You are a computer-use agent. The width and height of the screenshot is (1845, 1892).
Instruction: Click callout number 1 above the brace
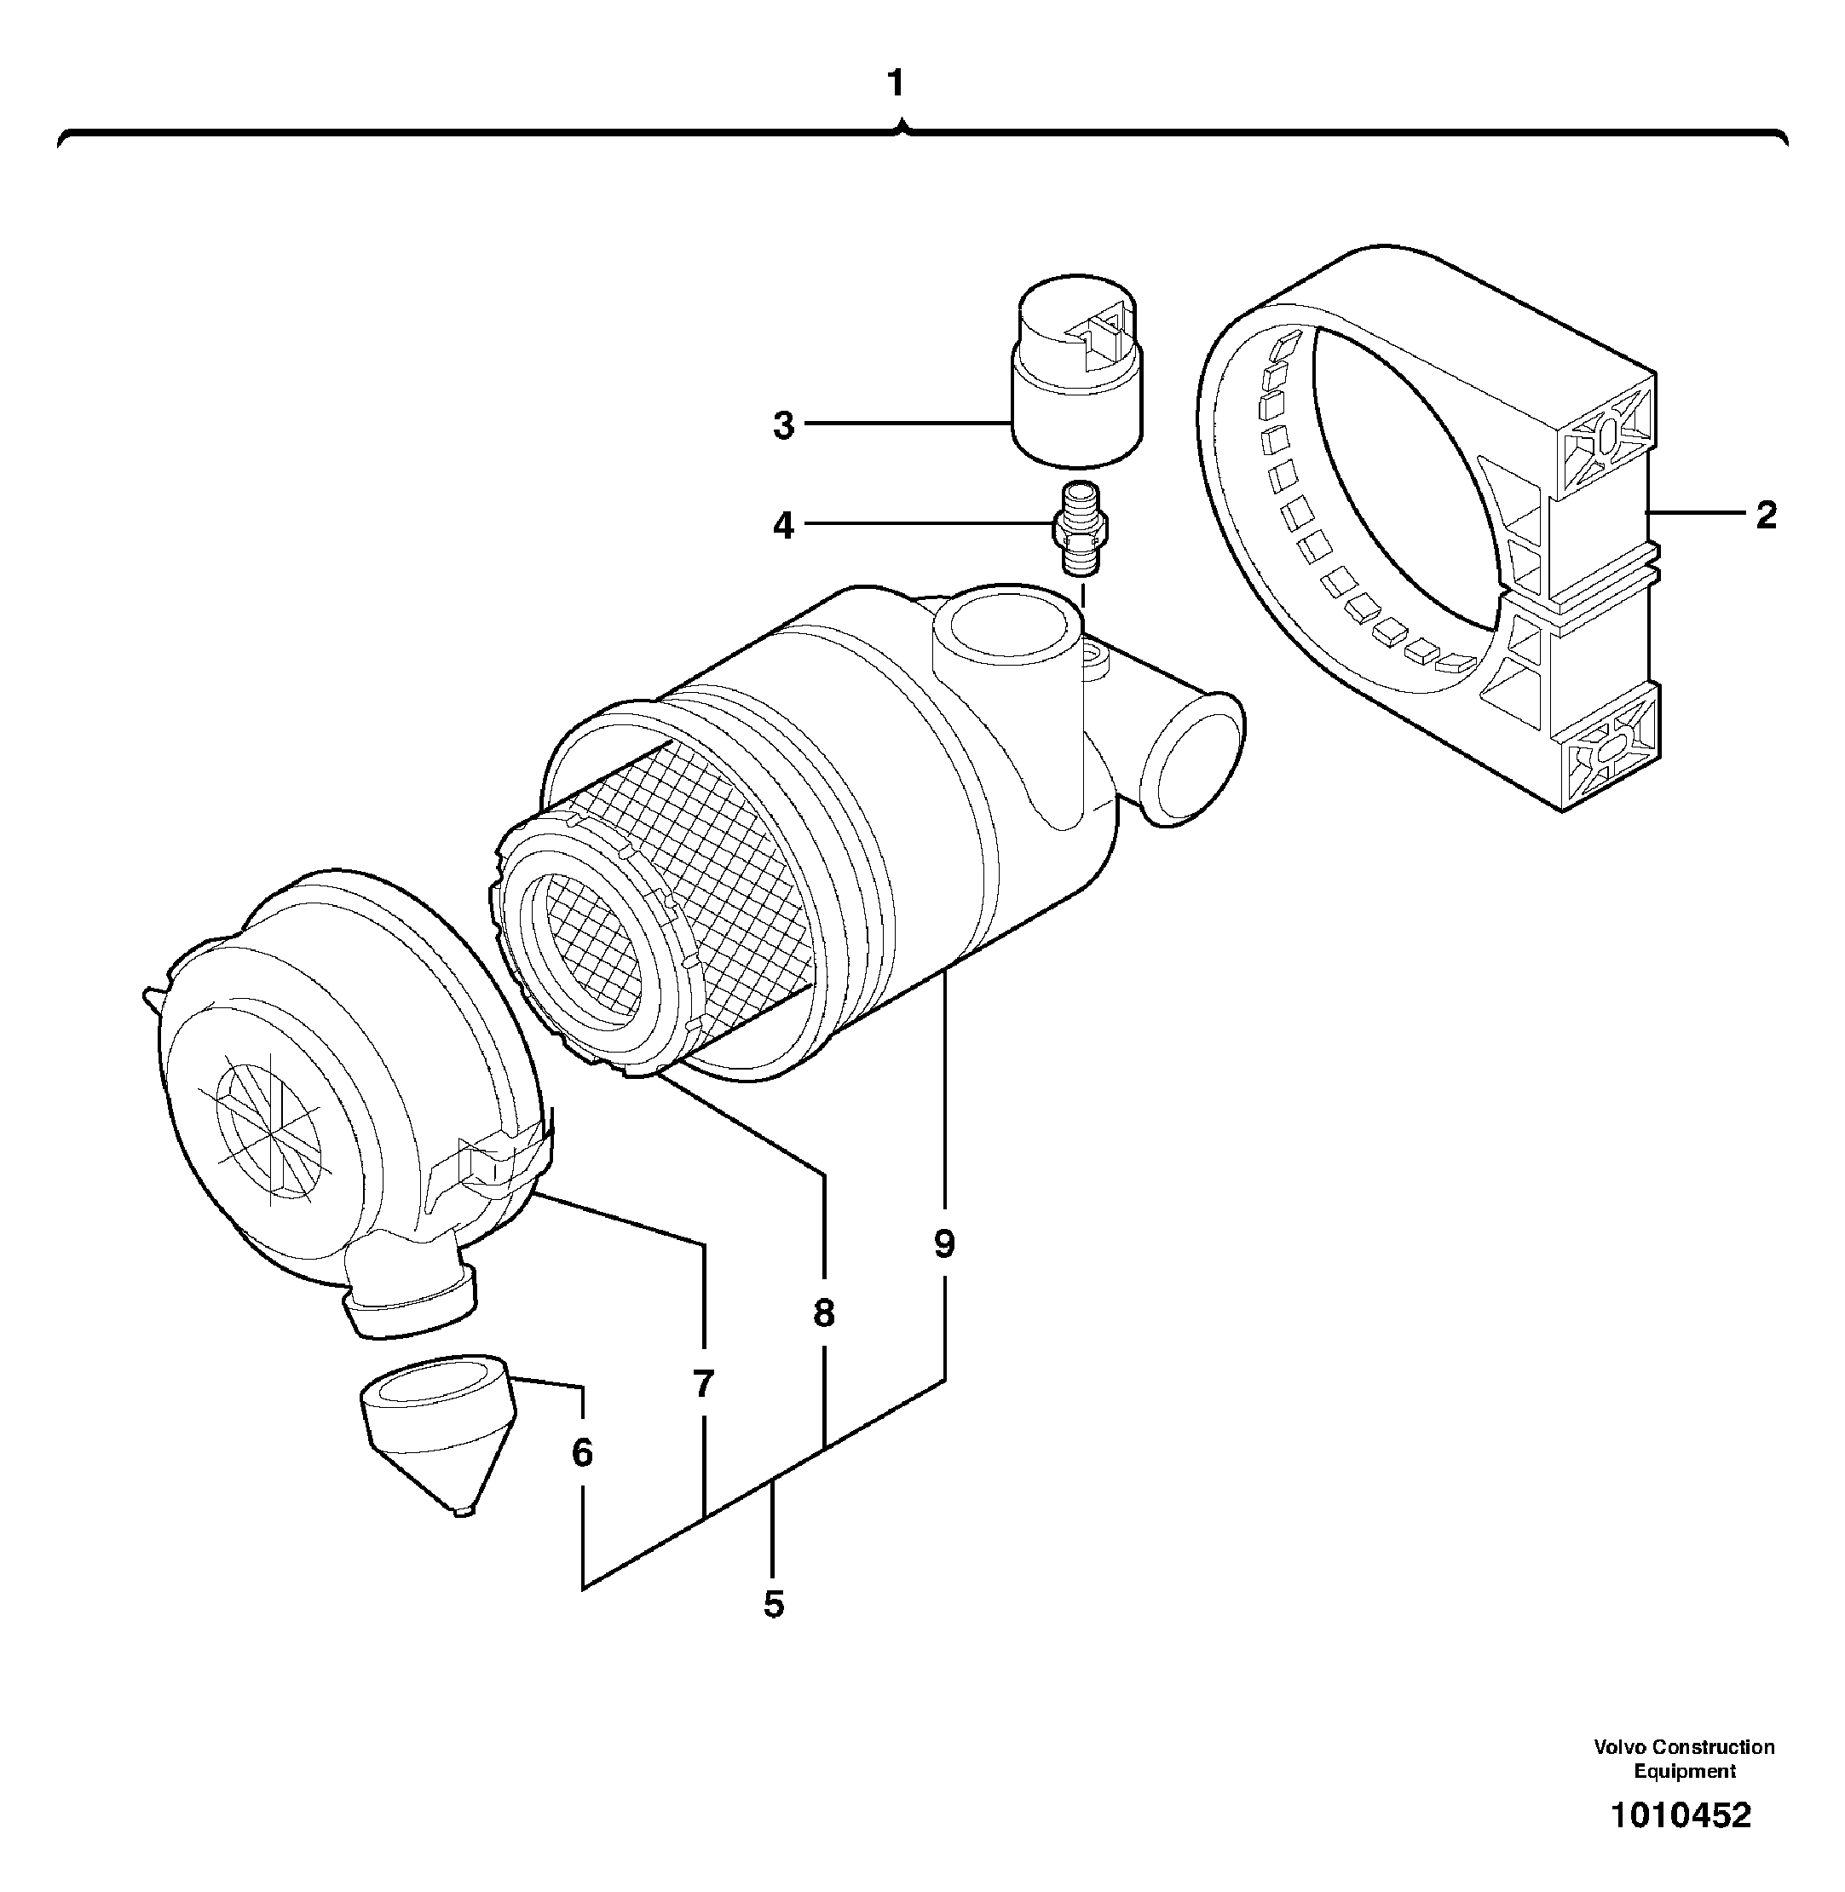897,84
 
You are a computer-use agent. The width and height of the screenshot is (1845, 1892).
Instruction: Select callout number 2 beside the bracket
1767,515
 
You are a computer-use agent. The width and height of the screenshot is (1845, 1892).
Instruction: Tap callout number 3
783,424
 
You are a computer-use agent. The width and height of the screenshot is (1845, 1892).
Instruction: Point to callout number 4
783,527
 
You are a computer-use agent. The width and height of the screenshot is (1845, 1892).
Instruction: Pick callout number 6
582,1452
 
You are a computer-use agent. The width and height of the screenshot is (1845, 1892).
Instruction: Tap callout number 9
945,1243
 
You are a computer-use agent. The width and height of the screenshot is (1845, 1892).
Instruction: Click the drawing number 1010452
1681,1814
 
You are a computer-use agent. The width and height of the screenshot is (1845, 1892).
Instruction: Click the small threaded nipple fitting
1081,529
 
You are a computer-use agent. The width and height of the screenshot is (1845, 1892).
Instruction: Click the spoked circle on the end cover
269,1124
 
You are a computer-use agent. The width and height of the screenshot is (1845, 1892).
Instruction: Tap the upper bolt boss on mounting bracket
1606,436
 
